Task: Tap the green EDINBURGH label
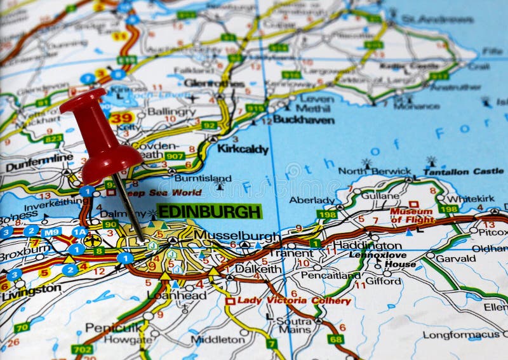pos(209,211)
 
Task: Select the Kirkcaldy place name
pos(243,149)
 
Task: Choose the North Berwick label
pos(375,171)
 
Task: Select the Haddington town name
pos(376,245)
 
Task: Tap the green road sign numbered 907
pos(175,156)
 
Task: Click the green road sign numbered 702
pos(81,349)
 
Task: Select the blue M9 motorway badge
pos(51,232)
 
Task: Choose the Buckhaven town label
pos(304,119)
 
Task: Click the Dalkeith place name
pos(258,269)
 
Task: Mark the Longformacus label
pos(461,334)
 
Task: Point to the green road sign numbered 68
pos(336,339)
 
